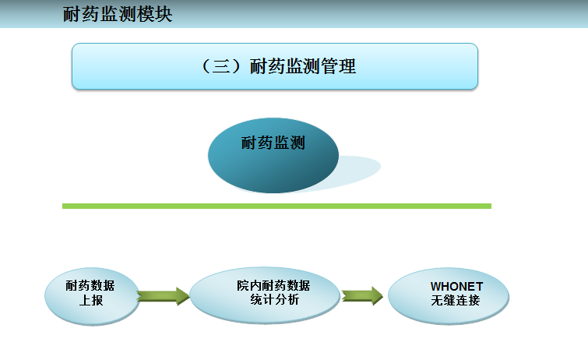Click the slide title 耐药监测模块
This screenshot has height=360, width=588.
pos(118,14)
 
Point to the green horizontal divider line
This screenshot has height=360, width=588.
pos(276,206)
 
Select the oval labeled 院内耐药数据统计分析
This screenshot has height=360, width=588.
pos(264,294)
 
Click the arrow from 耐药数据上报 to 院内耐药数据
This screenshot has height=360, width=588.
pos(163,295)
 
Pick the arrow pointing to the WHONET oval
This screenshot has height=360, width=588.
pos(361,295)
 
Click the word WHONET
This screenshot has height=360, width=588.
pos(456,286)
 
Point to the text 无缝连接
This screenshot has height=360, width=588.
pos(456,300)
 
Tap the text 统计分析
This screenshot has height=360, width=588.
pos(273,300)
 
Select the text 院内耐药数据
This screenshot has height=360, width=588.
pos(273,286)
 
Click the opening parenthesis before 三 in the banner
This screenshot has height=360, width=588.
pos(206,67)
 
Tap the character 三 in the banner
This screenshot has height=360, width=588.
pos(220,67)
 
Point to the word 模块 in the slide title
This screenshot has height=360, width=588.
pos(155,14)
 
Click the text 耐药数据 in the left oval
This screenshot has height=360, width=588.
pos(91,285)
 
